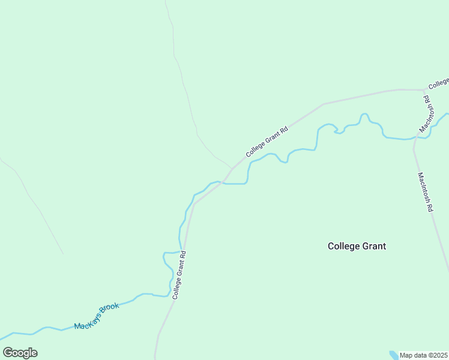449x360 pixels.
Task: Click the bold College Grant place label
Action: (x=357, y=246)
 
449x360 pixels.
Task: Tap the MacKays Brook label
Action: (x=97, y=316)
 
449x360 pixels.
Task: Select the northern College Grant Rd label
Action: (x=267, y=142)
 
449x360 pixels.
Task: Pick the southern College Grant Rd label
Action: (x=179, y=275)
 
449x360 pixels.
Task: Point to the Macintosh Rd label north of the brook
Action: (x=427, y=114)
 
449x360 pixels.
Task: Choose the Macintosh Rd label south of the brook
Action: (x=425, y=193)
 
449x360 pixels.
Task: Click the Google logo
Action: (x=20, y=353)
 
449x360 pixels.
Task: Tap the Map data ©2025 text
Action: (x=424, y=355)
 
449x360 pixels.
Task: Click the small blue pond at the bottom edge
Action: (x=393, y=355)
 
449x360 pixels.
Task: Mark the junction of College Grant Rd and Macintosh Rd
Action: (x=424, y=91)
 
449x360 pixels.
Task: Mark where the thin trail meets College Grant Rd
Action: (x=232, y=169)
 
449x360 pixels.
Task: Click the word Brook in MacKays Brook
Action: (x=110, y=310)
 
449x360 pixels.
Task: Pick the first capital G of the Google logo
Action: (x=8, y=353)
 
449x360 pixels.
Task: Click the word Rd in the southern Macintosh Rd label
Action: (x=429, y=208)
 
